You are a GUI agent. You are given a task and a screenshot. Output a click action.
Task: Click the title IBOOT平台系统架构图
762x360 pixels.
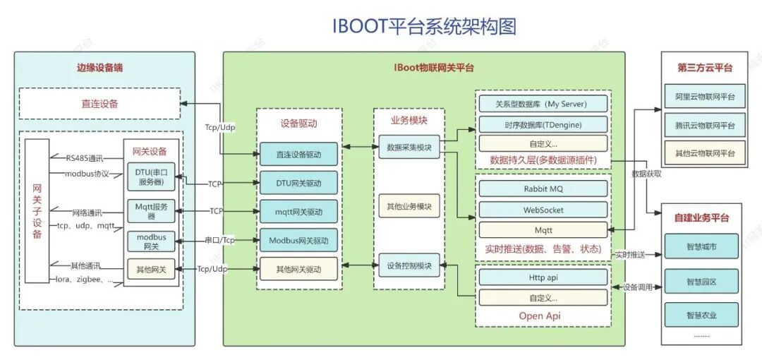(x=424, y=27)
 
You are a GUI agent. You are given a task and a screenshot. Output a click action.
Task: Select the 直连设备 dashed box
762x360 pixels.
(x=99, y=104)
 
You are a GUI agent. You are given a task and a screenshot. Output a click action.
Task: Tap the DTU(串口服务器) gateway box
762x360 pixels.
(x=151, y=177)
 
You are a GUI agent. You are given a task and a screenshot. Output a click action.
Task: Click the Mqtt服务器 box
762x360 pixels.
(x=151, y=211)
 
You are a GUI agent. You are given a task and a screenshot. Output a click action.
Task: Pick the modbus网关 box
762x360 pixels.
(x=151, y=241)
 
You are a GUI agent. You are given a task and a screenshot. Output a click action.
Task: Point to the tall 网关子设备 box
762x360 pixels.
(x=37, y=211)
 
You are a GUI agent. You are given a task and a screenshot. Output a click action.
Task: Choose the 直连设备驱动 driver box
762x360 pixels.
(x=299, y=154)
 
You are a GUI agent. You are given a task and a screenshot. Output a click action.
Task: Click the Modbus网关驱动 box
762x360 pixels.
(x=299, y=241)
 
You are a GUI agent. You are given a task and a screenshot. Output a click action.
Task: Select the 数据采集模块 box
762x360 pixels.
(x=409, y=148)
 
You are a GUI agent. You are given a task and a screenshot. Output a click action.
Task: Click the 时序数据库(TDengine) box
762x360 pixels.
(x=543, y=124)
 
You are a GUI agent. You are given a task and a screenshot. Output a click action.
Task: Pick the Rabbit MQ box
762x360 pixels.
(x=543, y=189)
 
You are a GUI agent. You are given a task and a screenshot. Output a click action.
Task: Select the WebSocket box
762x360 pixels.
(x=543, y=210)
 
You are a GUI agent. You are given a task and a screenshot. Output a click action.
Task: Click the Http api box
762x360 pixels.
(x=543, y=277)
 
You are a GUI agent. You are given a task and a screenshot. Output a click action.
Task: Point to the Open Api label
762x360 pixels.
(x=540, y=316)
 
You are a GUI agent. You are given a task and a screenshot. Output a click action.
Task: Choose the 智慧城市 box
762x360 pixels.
(x=701, y=247)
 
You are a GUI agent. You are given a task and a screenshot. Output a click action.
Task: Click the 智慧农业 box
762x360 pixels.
(x=701, y=315)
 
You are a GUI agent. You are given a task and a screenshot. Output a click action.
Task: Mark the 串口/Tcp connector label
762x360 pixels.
(x=219, y=241)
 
